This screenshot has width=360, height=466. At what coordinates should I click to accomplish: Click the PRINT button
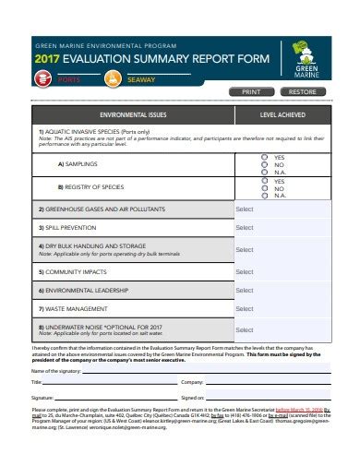(x=251, y=92)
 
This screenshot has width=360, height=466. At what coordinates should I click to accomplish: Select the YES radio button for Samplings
(x=265, y=158)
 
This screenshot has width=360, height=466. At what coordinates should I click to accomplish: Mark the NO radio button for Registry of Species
(x=265, y=187)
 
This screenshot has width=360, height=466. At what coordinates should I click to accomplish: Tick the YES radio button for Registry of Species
(x=265, y=182)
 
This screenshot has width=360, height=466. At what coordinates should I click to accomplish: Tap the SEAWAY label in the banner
(x=140, y=78)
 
